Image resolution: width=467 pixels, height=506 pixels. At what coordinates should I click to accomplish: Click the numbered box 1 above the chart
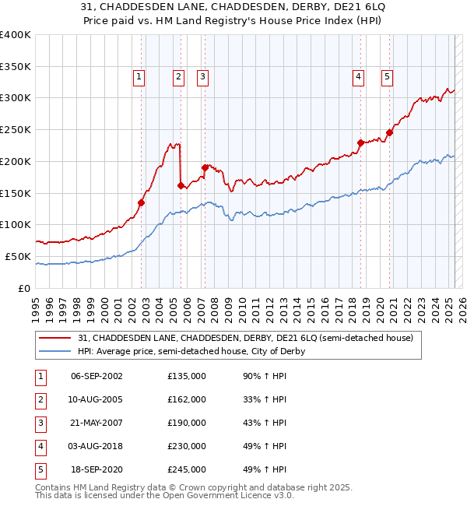coord(139,76)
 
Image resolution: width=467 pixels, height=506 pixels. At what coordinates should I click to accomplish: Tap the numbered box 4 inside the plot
coord(358,76)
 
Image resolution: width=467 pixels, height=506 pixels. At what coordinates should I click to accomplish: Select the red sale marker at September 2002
coord(142,202)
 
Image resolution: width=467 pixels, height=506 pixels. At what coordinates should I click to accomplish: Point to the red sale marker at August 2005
coord(181,185)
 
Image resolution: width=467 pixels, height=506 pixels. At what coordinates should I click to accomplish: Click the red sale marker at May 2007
coord(205,167)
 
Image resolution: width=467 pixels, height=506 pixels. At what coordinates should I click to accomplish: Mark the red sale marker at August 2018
coord(360,142)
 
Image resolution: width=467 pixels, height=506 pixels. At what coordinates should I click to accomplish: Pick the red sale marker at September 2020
coord(389,132)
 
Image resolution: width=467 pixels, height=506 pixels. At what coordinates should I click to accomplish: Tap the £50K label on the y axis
coord(19,256)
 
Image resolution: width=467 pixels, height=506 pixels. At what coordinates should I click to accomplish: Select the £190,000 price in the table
coord(187,423)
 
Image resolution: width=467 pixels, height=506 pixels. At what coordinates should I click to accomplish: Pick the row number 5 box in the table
coord(38,469)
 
